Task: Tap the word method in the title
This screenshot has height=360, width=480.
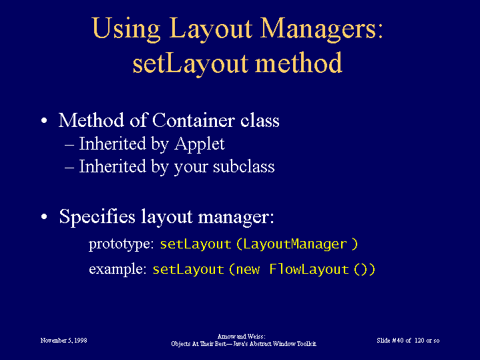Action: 298,62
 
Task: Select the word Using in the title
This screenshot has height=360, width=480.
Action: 126,29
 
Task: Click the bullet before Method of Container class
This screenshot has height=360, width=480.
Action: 44,120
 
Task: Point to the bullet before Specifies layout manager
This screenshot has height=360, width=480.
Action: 44,216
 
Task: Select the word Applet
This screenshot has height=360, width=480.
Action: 200,144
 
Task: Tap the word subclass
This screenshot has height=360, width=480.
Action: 244,166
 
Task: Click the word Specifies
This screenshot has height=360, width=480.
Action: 97,217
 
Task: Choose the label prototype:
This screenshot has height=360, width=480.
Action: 122,244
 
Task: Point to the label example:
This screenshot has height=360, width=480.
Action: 117,269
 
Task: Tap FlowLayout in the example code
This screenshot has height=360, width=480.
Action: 309,269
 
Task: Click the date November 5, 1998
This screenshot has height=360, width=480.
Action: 63,341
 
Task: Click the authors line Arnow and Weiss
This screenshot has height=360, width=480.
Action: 241,337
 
